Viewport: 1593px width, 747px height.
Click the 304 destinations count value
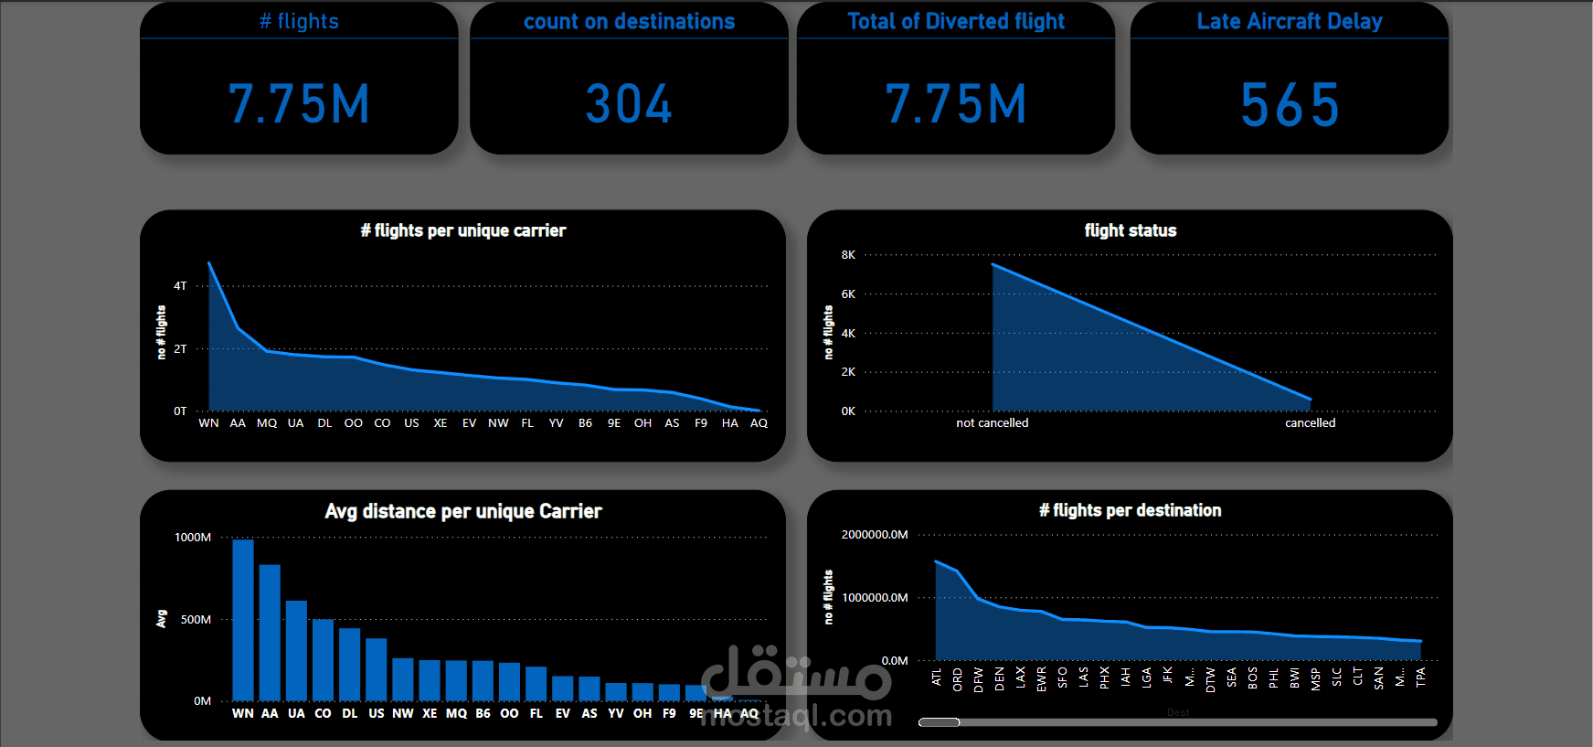click(629, 104)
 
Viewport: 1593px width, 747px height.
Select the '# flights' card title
click(299, 21)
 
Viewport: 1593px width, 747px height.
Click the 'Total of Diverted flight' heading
click(956, 21)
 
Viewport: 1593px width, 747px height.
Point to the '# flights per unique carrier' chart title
click(463, 230)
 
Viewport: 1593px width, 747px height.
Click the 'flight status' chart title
click(1131, 230)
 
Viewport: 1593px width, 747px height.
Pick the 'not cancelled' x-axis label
click(992, 422)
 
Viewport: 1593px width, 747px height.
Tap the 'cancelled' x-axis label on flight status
click(1310, 422)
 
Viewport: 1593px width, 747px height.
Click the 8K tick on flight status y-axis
click(848, 255)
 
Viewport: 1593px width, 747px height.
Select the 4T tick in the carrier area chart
click(180, 286)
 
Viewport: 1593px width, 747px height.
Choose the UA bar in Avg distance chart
click(296, 650)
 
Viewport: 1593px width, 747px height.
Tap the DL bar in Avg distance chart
click(349, 664)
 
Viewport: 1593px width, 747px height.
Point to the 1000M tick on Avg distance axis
click(193, 538)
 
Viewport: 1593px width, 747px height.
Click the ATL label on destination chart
click(937, 678)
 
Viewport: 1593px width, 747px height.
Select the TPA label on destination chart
click(1420, 678)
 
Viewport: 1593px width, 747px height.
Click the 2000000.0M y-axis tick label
click(875, 535)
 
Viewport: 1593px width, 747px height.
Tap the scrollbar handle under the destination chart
click(939, 722)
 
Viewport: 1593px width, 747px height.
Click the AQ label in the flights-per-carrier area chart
click(759, 423)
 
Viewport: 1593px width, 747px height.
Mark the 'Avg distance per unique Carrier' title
click(463, 511)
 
